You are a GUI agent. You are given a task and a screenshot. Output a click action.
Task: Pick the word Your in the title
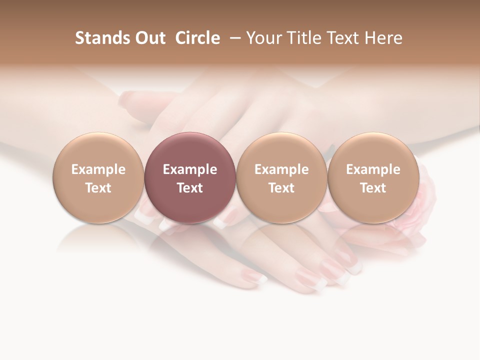tap(263, 38)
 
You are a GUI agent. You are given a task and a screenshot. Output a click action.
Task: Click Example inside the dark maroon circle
tap(190, 169)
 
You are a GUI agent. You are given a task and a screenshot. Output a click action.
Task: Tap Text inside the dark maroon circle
tap(190, 188)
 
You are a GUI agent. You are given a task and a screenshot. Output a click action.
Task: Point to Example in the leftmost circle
tap(98, 169)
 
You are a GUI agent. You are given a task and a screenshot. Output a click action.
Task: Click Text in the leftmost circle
tap(98, 188)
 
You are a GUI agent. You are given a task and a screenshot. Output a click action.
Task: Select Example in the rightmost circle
tap(373, 169)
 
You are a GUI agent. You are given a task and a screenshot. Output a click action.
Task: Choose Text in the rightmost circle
tap(373, 188)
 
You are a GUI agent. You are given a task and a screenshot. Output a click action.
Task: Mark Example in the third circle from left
tap(281, 169)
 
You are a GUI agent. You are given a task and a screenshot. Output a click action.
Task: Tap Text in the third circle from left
tap(281, 188)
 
